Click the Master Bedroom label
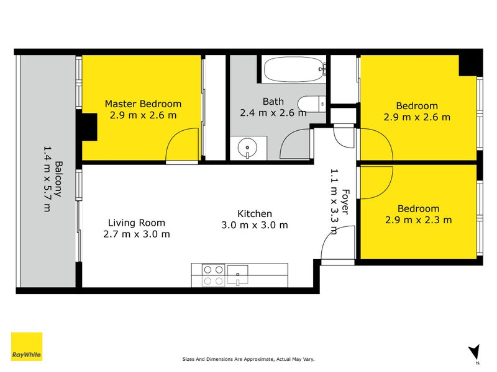[x=143, y=104]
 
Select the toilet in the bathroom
[x=310, y=104]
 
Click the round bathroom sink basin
[x=248, y=148]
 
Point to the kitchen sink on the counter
[x=237, y=272]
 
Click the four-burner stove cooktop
[x=213, y=275]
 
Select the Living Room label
[x=136, y=223]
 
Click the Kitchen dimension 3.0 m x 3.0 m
[x=254, y=225]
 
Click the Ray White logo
[x=27, y=347]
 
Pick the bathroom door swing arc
[x=294, y=143]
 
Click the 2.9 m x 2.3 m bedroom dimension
[x=418, y=219]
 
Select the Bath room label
[x=273, y=102]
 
